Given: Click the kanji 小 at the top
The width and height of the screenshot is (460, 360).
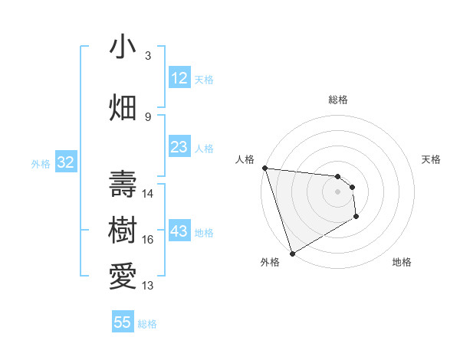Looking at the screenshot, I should click(123, 47).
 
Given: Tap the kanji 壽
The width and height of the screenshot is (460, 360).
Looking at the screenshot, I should click(123, 185).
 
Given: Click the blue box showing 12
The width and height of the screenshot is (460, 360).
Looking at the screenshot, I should click(179, 78).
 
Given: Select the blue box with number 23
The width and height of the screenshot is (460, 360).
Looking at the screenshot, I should click(179, 147).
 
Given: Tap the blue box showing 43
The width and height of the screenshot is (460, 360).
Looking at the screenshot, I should click(179, 231).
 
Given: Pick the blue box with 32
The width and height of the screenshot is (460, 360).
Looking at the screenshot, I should click(65, 162).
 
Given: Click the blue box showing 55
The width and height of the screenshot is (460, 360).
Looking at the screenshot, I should click(123, 322).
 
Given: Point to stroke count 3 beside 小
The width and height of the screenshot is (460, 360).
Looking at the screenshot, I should click(148, 56).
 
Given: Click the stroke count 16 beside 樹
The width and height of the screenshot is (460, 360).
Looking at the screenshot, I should click(148, 240).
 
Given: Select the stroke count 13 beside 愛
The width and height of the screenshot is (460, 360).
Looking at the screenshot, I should click(148, 286).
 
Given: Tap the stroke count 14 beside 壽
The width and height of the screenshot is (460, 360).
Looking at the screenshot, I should click(148, 194).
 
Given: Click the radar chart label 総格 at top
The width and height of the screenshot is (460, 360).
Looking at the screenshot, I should click(337, 100).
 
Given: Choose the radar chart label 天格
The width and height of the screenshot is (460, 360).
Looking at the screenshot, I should click(431, 159).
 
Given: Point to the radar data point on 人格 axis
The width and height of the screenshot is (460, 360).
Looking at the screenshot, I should click(264, 168).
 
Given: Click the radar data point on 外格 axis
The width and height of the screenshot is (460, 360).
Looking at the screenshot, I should click(292, 253).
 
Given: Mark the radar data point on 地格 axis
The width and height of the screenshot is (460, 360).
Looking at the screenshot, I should click(356, 218).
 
